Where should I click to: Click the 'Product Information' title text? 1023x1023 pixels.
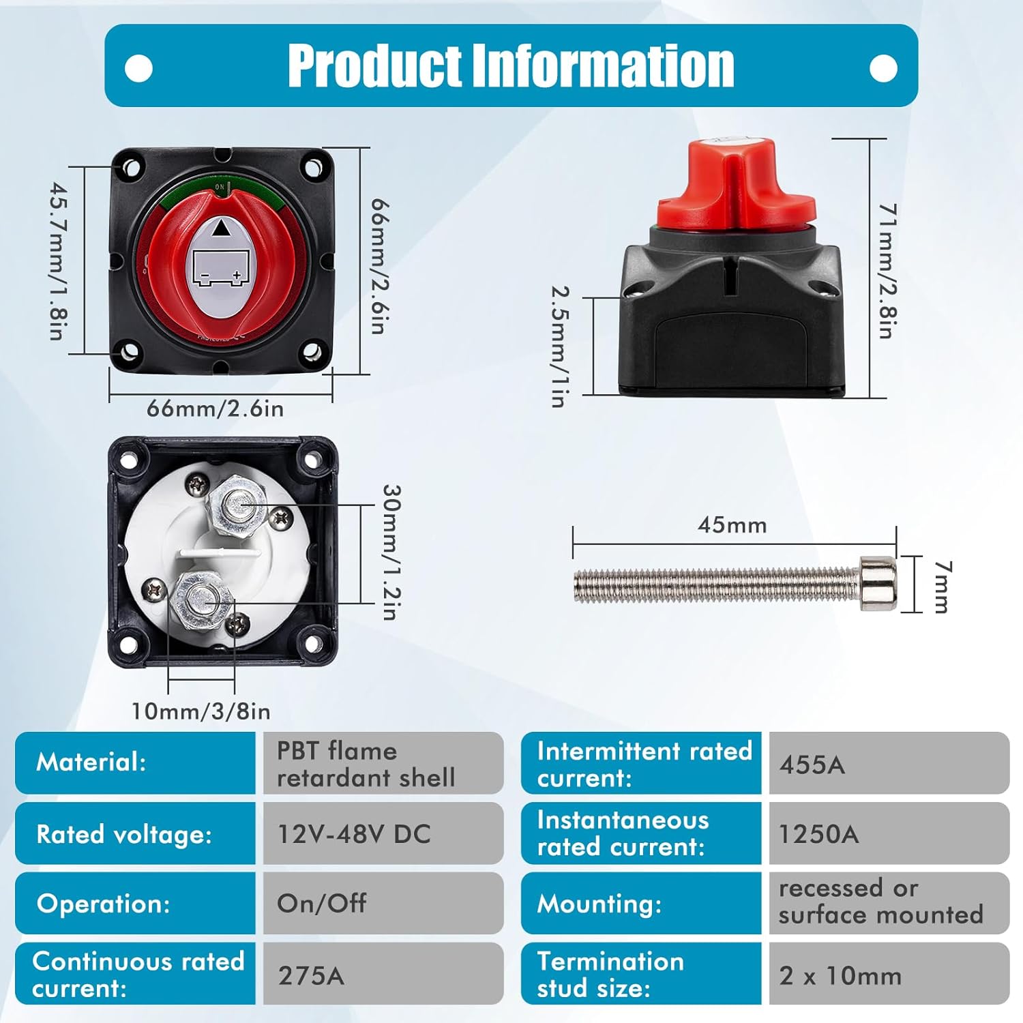pyautogui.click(x=511, y=65)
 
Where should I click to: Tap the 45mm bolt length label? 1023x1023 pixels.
pyautogui.click(x=732, y=525)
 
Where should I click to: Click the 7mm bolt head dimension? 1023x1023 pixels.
pyautogui.click(x=942, y=587)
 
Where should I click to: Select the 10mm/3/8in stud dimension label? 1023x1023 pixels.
pyautogui.click(x=201, y=711)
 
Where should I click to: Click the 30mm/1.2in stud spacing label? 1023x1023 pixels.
pyautogui.click(x=391, y=552)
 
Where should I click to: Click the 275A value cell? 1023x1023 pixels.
pyautogui.click(x=383, y=974)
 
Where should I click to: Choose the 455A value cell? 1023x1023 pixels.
pyautogui.click(x=889, y=763)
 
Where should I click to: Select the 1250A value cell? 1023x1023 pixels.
pyautogui.click(x=889, y=833)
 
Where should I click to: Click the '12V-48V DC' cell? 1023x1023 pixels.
pyautogui.click(x=383, y=833)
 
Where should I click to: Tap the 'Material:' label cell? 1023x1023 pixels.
pyautogui.click(x=135, y=763)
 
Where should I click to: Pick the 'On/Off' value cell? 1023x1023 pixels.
pyautogui.click(x=383, y=904)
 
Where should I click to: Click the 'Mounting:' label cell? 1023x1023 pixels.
pyautogui.click(x=641, y=904)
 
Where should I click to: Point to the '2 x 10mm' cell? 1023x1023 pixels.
pyautogui.click(x=889, y=974)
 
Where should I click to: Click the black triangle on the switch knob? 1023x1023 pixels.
pyautogui.click(x=220, y=228)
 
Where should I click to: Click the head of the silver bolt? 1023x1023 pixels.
pyautogui.click(x=878, y=583)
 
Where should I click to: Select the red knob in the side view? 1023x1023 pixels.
pyautogui.click(x=735, y=186)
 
